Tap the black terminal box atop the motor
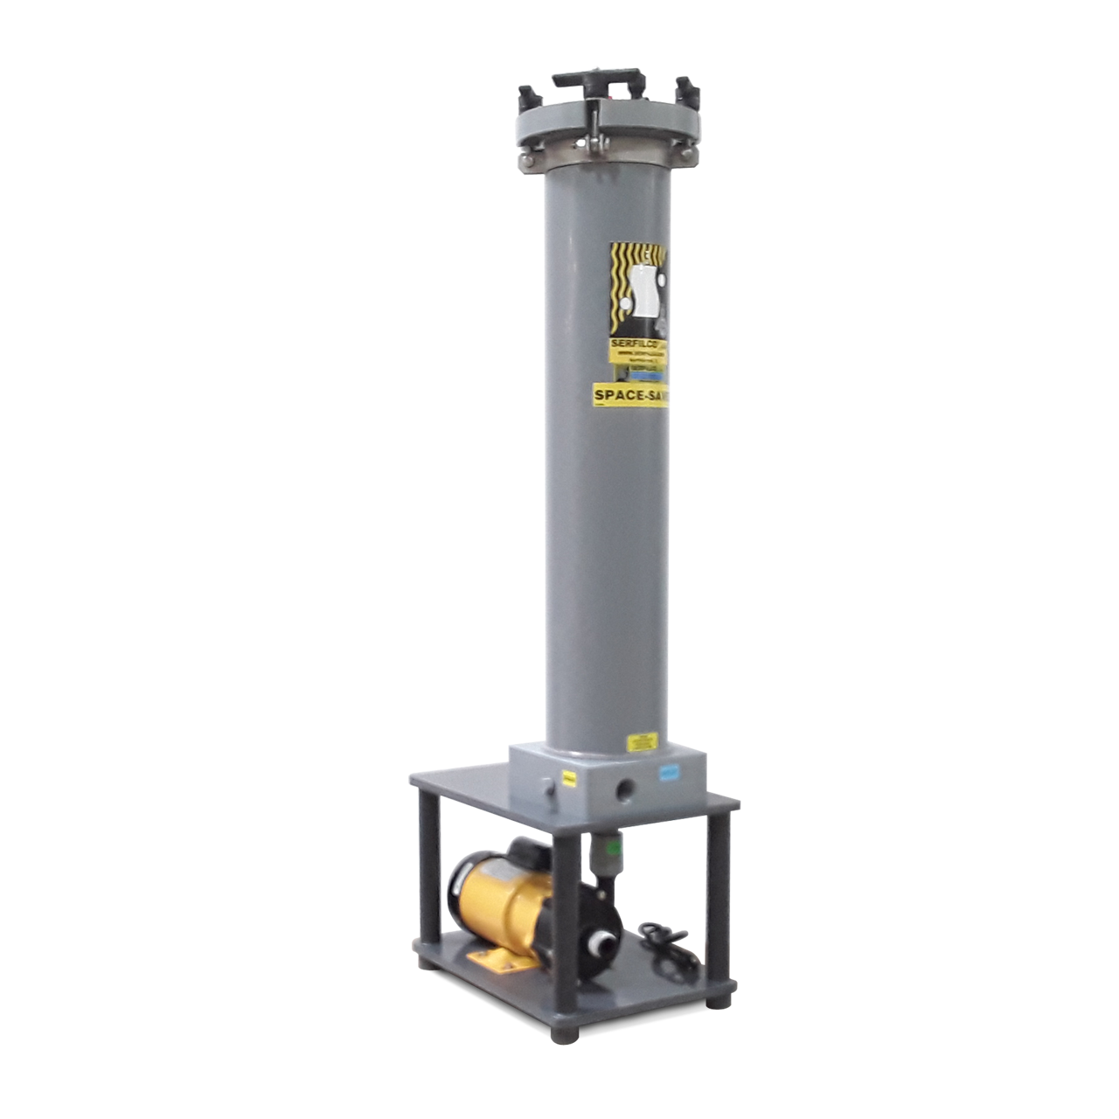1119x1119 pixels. (526, 849)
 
